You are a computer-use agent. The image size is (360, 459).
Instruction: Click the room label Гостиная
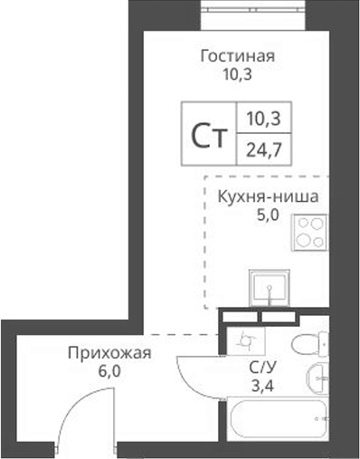click(x=237, y=57)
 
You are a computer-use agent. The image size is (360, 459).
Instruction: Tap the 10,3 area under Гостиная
click(x=237, y=74)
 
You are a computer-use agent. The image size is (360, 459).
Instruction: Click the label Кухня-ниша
click(x=269, y=196)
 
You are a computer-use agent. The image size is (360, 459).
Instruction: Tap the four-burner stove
click(x=308, y=233)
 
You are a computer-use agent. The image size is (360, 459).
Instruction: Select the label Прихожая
click(x=108, y=353)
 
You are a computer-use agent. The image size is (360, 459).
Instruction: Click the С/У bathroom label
click(x=263, y=368)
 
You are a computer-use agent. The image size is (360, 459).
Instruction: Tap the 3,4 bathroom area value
click(x=262, y=385)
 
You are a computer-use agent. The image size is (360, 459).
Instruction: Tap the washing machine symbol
click(x=243, y=341)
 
